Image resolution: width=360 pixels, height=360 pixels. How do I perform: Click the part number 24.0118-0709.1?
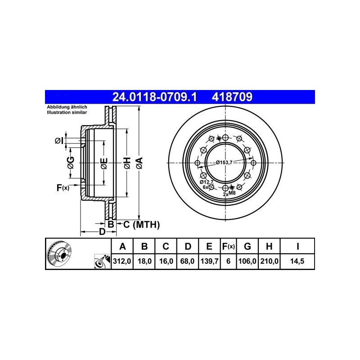154,97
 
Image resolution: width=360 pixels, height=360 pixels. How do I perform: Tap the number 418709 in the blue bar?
232,97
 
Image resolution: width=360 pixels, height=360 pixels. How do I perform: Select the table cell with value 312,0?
122,261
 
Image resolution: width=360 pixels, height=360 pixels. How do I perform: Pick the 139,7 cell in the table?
209,261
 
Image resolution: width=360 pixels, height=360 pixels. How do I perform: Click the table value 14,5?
297,261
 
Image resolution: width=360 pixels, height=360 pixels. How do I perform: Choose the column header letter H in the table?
269,246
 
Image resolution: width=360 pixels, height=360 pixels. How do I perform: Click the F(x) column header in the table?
228,246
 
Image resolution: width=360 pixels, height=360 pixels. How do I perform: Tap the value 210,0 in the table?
269,261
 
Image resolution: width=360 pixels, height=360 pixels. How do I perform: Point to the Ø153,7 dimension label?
224,162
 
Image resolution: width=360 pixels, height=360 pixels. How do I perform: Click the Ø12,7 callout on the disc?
207,182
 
